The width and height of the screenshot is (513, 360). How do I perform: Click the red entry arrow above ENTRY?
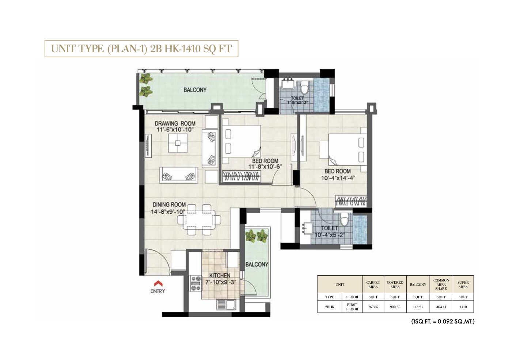158,283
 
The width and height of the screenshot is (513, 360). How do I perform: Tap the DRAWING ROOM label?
175,123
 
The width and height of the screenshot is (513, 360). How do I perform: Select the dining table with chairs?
199,219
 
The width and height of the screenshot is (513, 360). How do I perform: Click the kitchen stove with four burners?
196,283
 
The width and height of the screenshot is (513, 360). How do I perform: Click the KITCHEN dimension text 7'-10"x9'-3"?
220,282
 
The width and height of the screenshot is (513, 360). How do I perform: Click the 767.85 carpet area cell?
373,307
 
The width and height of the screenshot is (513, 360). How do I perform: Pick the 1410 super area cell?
463,307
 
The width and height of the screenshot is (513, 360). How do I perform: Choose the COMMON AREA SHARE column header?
441,284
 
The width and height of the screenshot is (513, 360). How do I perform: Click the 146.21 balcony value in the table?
418,307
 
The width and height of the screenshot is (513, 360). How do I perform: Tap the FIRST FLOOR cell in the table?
352,307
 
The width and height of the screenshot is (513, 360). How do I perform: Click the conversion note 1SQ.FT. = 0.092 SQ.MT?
442,322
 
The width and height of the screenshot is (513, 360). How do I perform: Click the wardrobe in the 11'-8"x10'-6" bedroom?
242,177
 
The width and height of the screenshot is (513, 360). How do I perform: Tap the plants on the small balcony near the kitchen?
256,236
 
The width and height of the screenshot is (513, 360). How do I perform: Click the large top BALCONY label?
195,90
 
